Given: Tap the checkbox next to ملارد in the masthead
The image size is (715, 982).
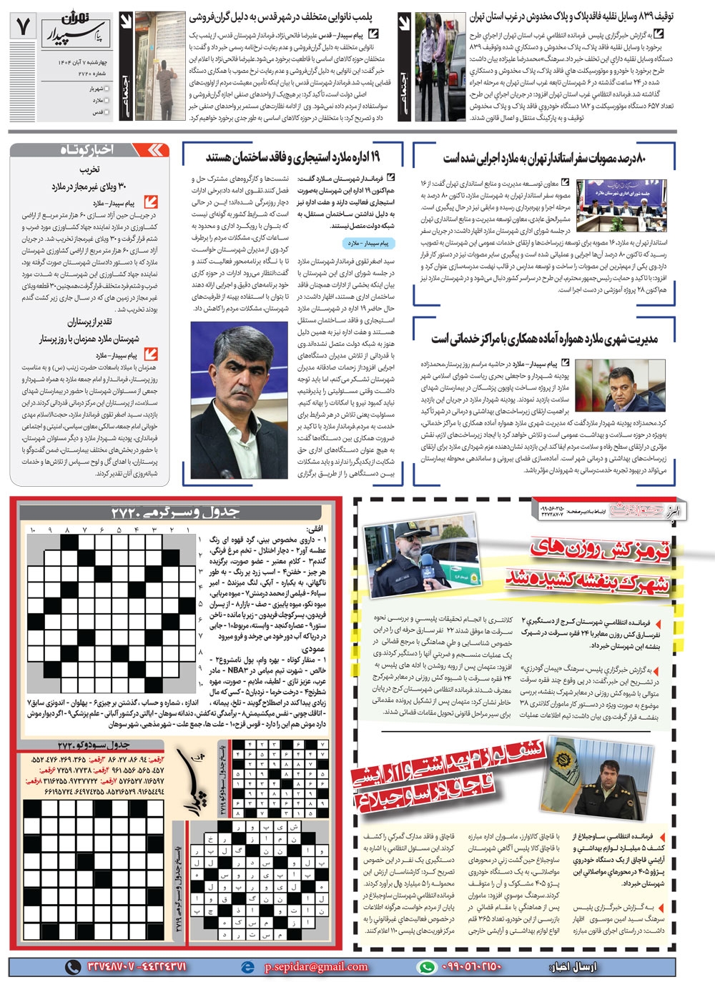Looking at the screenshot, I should (x=107, y=101).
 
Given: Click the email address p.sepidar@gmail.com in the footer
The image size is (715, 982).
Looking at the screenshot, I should (x=316, y=966).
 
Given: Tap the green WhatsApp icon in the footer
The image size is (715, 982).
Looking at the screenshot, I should (x=426, y=966).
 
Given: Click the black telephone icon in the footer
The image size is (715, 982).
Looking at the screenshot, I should (x=73, y=966).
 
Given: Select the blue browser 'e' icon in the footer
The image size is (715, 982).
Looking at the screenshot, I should (x=248, y=966).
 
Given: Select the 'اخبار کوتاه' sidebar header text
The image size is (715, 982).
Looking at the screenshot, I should (x=87, y=149).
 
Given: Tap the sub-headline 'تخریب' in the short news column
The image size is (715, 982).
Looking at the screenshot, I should (x=89, y=170).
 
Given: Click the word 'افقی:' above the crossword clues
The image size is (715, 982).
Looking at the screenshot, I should (x=315, y=530).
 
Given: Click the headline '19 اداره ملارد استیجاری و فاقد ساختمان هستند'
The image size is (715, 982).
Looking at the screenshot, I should (x=292, y=157).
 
